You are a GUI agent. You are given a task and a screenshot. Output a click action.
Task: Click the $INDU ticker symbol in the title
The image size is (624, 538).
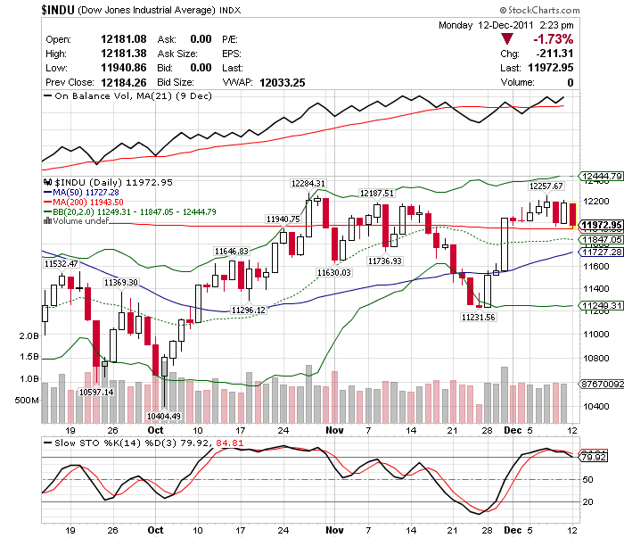coord(60,10)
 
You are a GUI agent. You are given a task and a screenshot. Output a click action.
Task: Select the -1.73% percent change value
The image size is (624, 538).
coord(553,39)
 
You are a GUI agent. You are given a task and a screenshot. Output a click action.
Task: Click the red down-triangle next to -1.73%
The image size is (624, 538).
coord(507,39)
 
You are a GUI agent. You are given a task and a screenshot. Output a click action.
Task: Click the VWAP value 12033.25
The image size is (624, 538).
coord(283,82)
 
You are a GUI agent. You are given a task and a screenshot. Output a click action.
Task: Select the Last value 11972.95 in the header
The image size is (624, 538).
coord(549,67)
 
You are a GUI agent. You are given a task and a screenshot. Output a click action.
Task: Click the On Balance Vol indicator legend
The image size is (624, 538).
coord(134,95)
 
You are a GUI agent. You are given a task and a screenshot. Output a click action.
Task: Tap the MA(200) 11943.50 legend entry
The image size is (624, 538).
coord(88,202)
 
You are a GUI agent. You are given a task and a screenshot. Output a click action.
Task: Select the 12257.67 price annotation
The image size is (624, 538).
coord(546,186)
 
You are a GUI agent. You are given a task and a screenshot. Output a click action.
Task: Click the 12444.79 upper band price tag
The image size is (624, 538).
coord(599,177)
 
